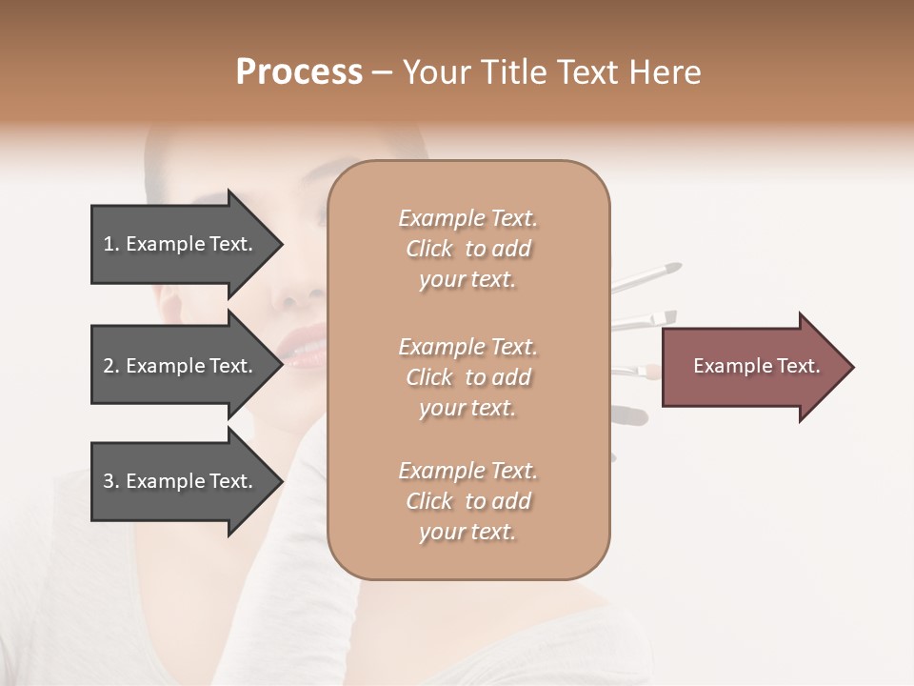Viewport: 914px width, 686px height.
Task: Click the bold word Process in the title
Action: (299, 72)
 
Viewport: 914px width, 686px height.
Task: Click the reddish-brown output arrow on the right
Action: (752, 367)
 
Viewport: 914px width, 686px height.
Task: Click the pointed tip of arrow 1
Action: (279, 244)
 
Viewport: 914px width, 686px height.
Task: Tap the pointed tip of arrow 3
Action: (279, 481)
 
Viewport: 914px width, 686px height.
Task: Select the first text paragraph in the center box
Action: (467, 249)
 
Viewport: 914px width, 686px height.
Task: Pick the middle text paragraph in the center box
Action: (467, 377)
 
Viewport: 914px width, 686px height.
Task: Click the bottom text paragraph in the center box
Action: (467, 501)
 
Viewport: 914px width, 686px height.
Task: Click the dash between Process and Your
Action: (382, 73)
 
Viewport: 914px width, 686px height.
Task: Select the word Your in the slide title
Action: (437, 72)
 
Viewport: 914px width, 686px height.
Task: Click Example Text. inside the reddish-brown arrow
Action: (756, 366)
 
